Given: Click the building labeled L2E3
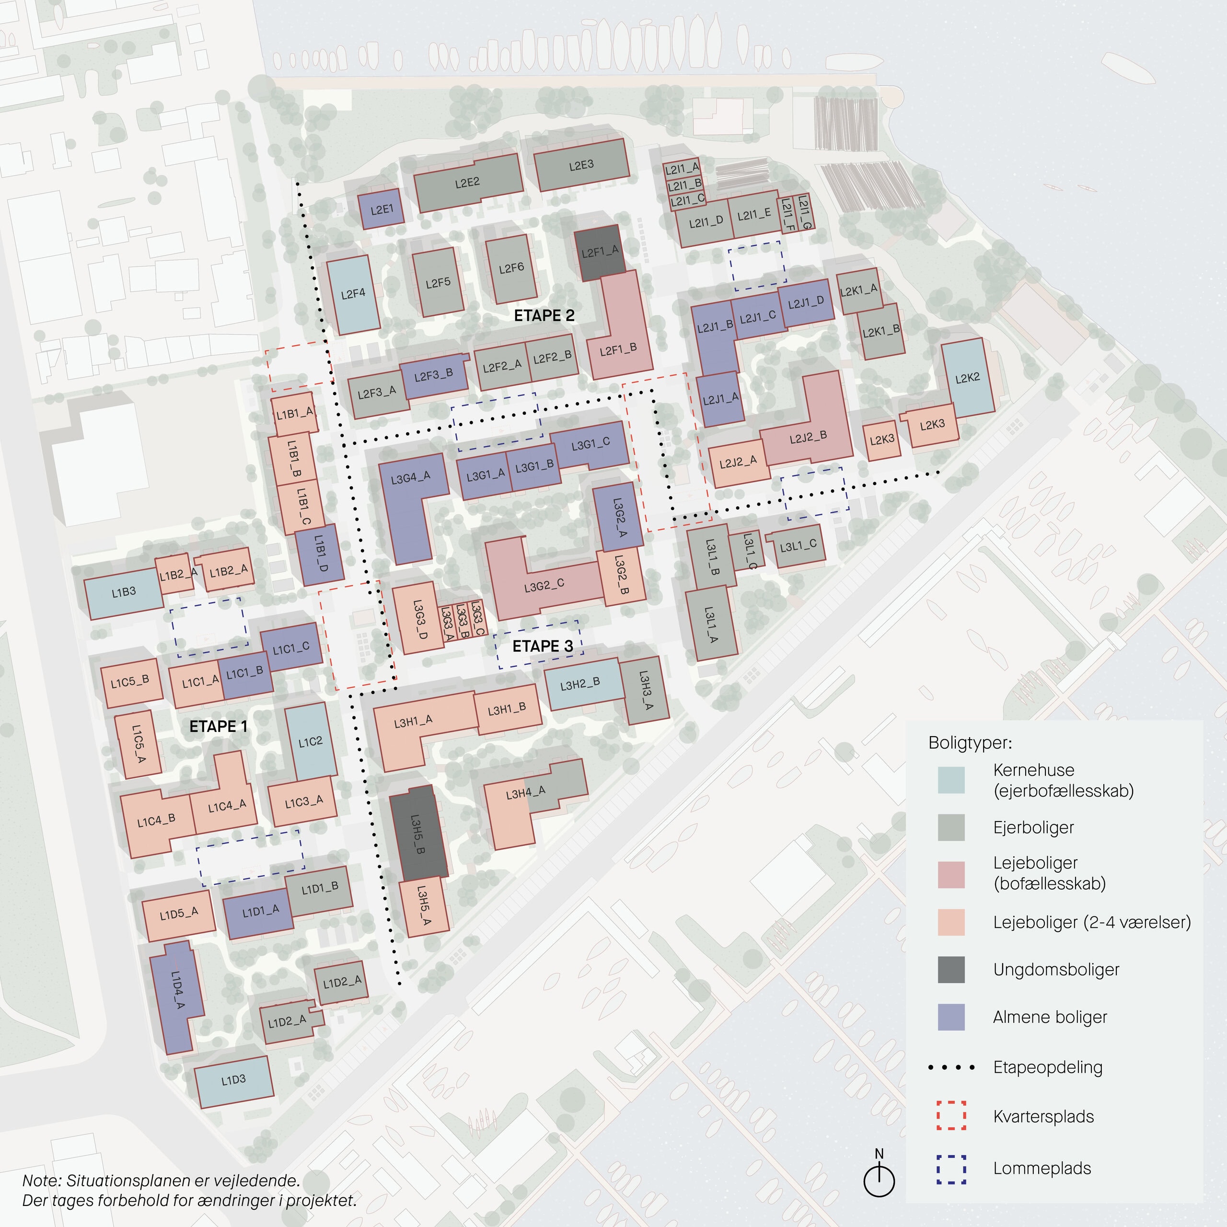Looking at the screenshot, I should (581, 165).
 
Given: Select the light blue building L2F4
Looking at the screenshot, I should (353, 294).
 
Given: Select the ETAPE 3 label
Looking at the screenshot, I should (543, 647).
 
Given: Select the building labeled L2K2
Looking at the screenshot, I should (967, 378).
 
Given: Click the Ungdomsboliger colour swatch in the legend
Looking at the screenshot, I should (951, 970).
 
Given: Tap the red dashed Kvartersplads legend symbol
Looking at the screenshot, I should (951, 1116).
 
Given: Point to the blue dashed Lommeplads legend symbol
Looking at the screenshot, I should (951, 1169).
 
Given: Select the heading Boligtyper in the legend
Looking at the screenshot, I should (970, 743).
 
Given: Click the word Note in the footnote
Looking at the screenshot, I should (41, 1181).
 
